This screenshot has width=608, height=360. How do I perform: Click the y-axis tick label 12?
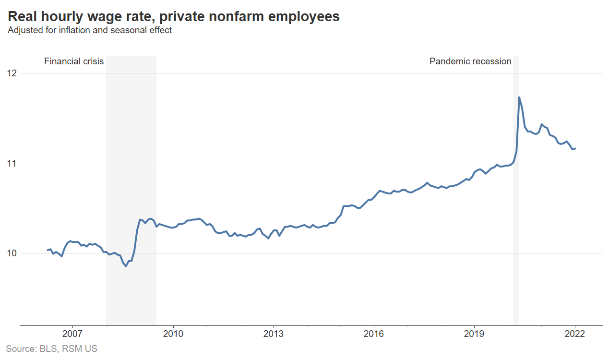click(x=11, y=73)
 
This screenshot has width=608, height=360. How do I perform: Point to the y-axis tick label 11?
click(x=11, y=164)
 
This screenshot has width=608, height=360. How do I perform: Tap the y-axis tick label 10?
click(x=11, y=253)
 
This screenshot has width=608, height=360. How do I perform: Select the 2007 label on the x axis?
click(x=72, y=334)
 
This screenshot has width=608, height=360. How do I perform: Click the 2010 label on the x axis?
click(x=173, y=334)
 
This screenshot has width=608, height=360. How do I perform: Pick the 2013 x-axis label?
click(x=274, y=334)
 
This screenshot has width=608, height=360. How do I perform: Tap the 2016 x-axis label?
click(x=374, y=334)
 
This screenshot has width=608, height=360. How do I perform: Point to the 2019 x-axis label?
click(x=474, y=334)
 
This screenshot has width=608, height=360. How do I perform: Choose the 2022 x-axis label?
click(x=575, y=334)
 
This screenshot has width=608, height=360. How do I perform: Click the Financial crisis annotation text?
click(x=74, y=61)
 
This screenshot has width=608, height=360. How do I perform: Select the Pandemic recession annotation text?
click(x=470, y=61)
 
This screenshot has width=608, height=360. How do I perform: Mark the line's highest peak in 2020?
click(x=519, y=97)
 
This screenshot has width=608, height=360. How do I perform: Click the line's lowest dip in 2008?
click(x=126, y=266)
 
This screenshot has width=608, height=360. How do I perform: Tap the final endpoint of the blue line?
click(x=575, y=149)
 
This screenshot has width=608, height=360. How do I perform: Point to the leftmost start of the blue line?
click(x=47, y=250)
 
